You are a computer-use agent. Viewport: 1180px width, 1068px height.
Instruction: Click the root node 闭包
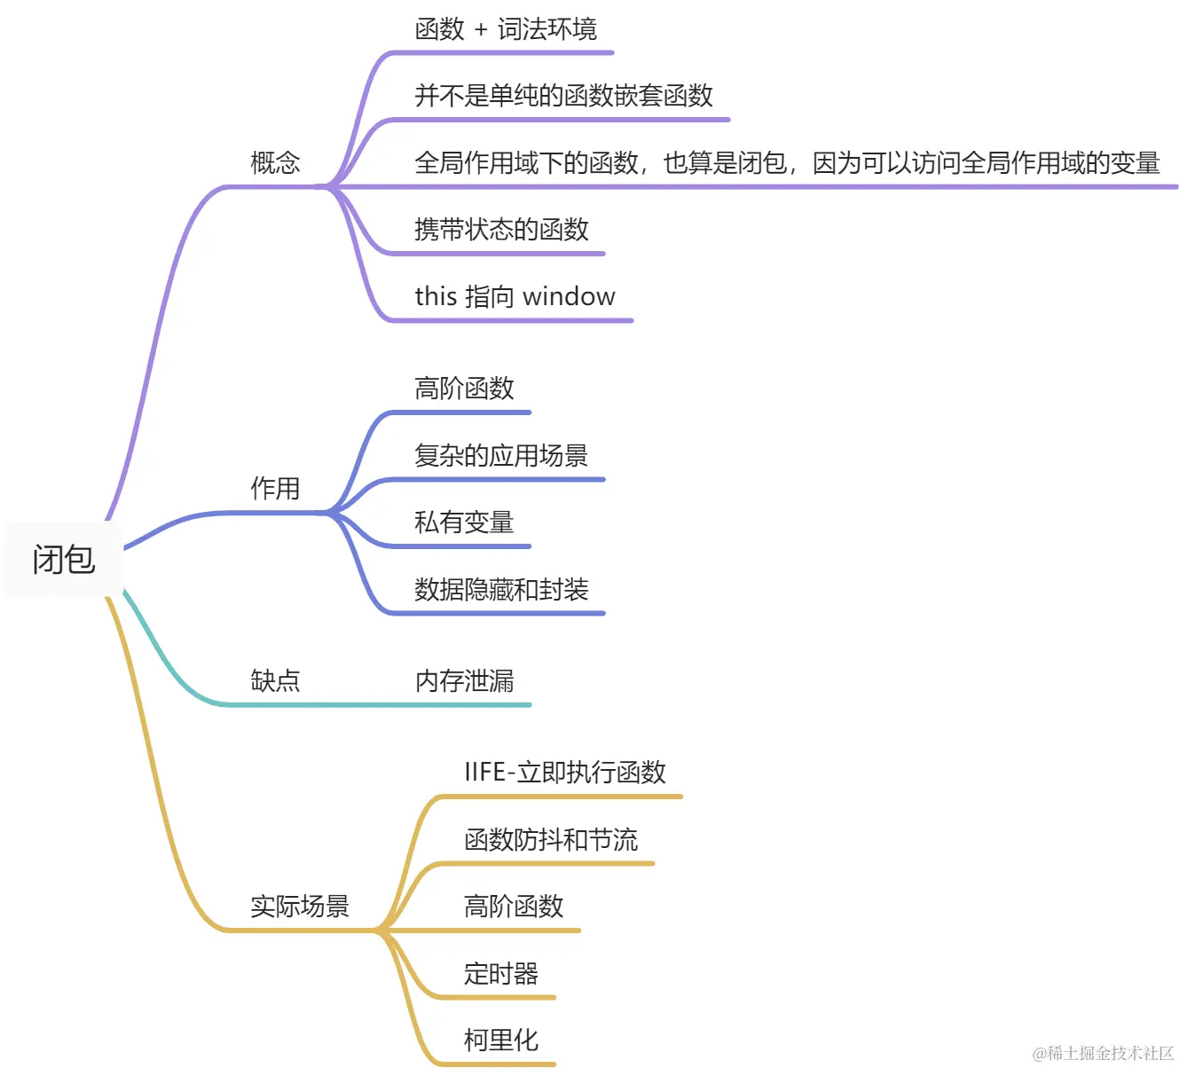(x=64, y=560)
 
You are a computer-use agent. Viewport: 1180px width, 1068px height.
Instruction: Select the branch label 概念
(x=275, y=163)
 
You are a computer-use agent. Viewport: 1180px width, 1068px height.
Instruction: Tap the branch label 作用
(x=275, y=489)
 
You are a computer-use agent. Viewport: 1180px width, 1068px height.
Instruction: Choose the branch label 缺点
(x=275, y=681)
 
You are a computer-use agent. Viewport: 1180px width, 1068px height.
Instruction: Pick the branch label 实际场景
(x=300, y=907)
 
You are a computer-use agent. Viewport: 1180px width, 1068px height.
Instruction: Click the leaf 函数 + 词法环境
(x=506, y=29)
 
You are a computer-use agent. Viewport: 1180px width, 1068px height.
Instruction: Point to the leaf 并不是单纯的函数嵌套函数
(x=563, y=96)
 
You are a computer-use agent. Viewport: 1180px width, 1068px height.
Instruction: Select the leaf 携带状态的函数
(x=501, y=230)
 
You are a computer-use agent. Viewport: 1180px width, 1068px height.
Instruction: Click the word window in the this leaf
(x=569, y=296)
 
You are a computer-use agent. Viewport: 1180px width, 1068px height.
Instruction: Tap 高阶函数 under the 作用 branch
(x=464, y=389)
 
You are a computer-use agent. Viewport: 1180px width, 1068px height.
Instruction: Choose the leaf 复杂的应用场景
(x=501, y=456)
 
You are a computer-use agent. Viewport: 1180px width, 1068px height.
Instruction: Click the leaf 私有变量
(x=464, y=522)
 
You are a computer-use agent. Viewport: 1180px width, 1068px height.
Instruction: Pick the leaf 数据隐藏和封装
(x=501, y=590)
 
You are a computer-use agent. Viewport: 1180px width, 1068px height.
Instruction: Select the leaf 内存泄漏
(x=464, y=681)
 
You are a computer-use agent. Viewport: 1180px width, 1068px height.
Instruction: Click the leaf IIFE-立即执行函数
(x=565, y=773)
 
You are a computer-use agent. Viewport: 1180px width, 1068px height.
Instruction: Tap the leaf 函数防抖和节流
(x=551, y=840)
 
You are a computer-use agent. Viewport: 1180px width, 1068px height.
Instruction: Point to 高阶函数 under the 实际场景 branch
(x=514, y=907)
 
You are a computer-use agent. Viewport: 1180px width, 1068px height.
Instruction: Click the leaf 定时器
(x=501, y=974)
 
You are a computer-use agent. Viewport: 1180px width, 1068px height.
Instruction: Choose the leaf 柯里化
(x=501, y=1041)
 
